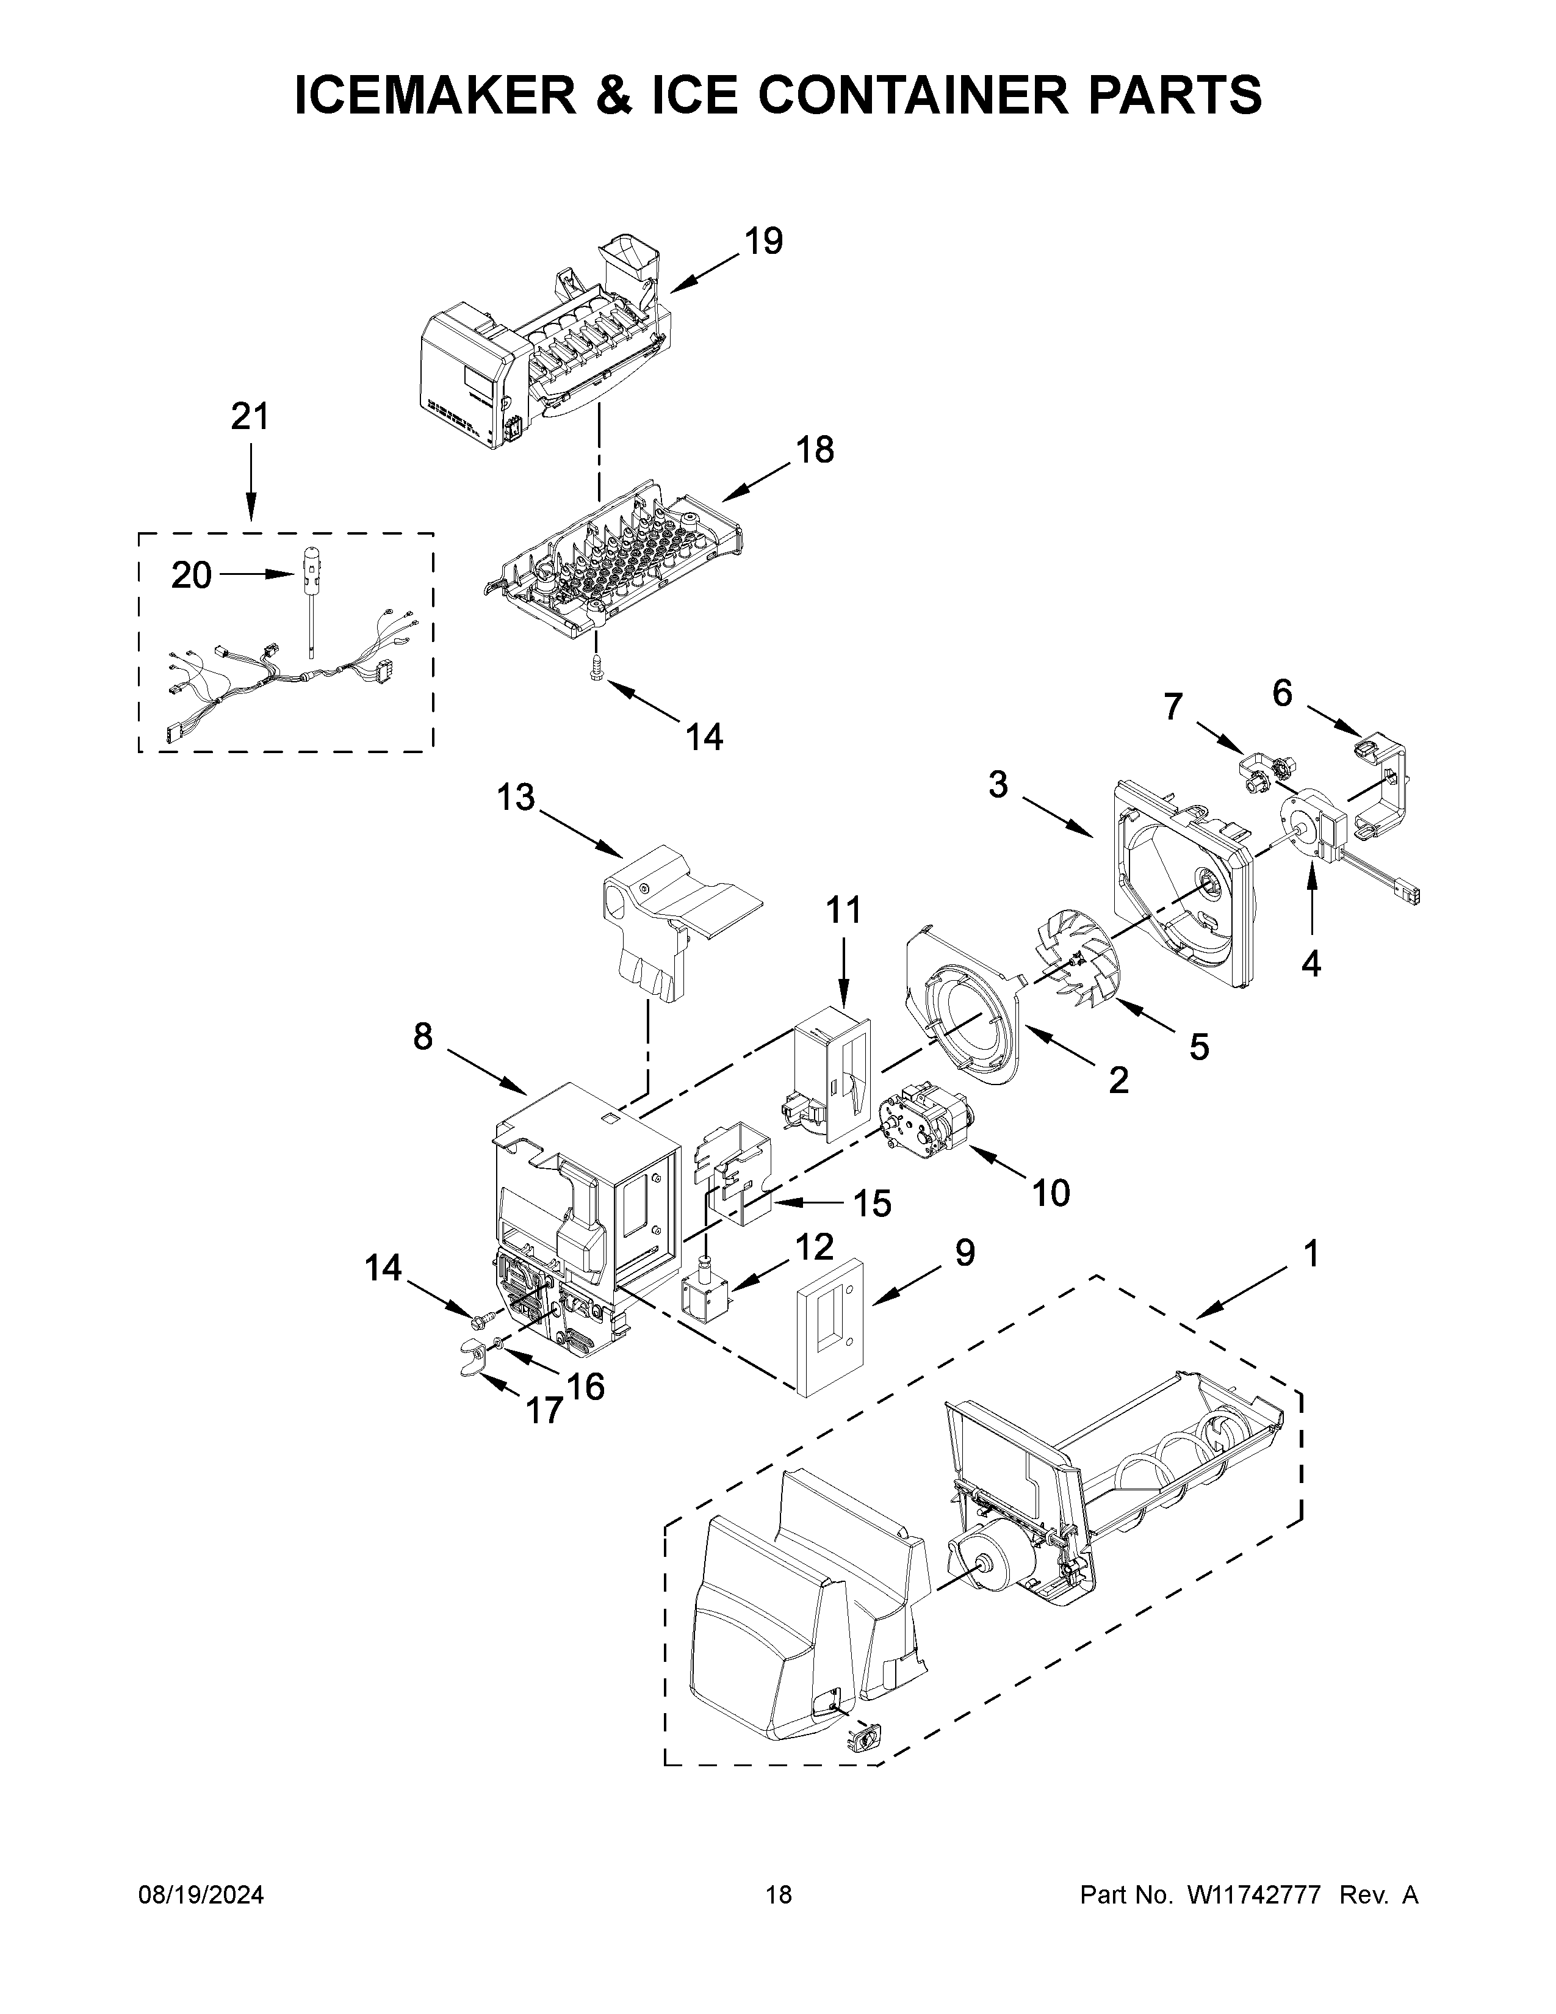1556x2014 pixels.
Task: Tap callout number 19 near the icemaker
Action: click(x=763, y=242)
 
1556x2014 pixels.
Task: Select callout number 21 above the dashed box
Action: click(x=249, y=417)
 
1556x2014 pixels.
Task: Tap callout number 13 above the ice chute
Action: click(x=515, y=798)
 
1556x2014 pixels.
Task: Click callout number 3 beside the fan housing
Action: click(x=998, y=785)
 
